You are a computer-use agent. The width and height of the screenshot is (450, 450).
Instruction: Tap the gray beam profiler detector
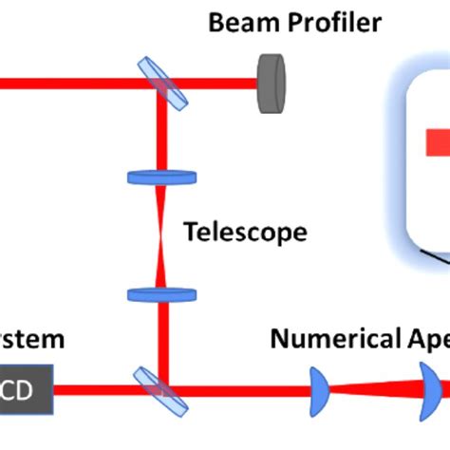[272, 84]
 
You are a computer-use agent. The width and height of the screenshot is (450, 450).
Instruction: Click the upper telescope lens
[161, 177]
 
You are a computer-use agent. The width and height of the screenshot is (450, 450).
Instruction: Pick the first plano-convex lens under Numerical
[321, 387]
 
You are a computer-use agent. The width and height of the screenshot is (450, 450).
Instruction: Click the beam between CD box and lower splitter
[95, 387]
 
